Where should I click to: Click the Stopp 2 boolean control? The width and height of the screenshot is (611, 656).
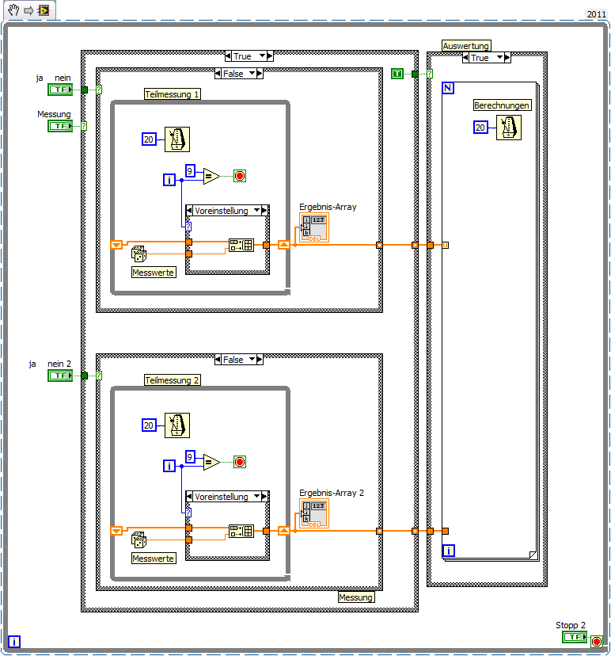pos(574,638)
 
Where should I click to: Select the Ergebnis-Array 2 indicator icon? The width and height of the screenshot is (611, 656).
pos(313,513)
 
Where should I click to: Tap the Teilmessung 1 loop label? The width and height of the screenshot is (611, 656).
pos(173,94)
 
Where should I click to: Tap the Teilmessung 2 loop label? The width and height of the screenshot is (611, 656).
pos(173,380)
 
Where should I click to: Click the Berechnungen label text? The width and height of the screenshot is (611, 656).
pos(502,105)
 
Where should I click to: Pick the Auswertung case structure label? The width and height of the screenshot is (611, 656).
pos(466,46)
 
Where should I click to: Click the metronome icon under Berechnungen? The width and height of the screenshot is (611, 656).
pos(509,128)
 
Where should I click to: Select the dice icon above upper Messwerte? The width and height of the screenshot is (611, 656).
pos(139,254)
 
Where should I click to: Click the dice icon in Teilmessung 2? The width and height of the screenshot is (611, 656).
pos(139,540)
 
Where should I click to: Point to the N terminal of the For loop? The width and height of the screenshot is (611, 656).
pos(448,88)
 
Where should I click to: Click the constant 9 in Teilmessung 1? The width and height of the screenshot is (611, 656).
pos(190,171)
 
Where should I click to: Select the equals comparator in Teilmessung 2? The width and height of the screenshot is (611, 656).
pos(211,462)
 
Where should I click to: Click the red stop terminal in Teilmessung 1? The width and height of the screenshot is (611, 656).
pos(240,176)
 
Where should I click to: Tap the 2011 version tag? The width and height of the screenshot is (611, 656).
pos(596,14)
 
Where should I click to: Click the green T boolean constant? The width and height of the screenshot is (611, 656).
pos(398,74)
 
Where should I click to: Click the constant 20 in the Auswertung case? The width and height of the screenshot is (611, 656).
pos(481,128)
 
